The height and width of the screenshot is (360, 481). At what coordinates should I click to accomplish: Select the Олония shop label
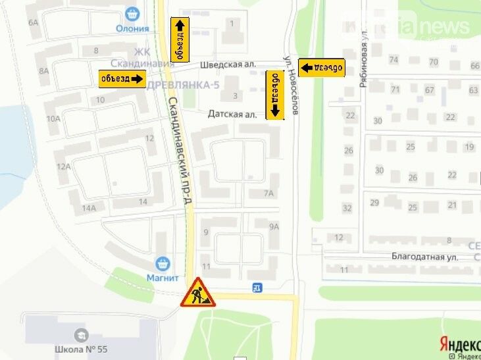coord(132,28)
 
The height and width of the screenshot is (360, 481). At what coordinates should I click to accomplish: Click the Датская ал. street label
coord(232,114)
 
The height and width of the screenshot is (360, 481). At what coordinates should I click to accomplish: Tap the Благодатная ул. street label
coord(424,257)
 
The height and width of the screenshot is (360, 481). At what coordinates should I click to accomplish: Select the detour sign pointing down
coord(275,95)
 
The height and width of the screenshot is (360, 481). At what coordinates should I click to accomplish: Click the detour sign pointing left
coord(322,67)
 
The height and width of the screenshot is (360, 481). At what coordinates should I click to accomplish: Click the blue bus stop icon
coord(257,287)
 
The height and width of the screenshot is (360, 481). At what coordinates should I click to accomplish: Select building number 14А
coord(89,209)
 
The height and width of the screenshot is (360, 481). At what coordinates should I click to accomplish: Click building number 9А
coord(274,226)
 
